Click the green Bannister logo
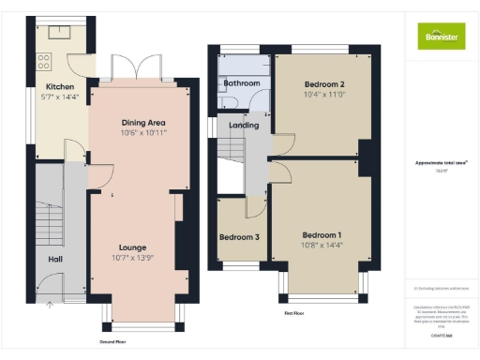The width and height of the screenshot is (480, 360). (439, 36)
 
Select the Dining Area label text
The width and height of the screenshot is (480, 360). (142, 123)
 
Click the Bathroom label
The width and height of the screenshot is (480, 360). (242, 83)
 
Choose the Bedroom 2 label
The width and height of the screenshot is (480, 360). (320, 83)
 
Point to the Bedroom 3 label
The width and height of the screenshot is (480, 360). (239, 237)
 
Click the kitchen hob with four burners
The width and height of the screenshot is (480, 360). (42, 63)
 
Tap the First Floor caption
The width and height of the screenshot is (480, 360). (293, 312)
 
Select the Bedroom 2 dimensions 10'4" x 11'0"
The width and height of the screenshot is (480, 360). (320, 94)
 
